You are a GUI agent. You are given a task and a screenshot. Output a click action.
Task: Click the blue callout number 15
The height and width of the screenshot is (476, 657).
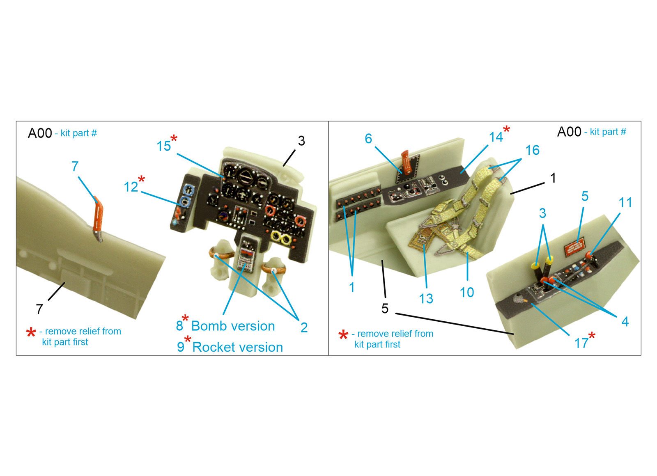[163, 146]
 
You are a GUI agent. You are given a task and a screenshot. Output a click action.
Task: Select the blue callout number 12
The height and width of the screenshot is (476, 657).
[131, 187]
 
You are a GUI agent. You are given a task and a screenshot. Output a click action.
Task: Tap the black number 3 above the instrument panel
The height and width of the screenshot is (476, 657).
[301, 141]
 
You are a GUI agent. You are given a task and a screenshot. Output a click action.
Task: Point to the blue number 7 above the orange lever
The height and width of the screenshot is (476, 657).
[75, 166]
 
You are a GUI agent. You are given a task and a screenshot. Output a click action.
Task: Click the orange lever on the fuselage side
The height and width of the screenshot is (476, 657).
[98, 218]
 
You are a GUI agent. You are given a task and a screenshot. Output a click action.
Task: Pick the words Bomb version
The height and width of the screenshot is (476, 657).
[233, 326]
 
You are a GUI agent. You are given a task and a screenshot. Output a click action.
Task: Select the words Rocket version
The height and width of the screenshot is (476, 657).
[238, 347]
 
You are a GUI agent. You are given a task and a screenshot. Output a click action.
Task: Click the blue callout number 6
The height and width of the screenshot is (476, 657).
[368, 139]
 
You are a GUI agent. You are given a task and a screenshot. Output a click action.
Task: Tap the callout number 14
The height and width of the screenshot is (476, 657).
[496, 137]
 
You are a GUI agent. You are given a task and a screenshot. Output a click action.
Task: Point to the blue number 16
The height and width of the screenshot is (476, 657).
[532, 150]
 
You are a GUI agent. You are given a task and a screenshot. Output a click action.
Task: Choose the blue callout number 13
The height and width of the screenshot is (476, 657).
[426, 299]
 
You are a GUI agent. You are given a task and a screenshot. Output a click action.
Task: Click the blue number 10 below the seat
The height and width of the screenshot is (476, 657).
[466, 292]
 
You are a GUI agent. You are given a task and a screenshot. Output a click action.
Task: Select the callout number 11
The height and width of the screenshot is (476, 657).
[625, 203]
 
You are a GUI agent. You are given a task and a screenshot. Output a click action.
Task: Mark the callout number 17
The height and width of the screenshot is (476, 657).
[581, 343]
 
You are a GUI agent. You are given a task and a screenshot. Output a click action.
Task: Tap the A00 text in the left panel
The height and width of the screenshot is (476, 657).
[40, 133]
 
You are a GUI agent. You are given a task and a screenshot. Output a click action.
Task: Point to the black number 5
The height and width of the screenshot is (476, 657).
[385, 308]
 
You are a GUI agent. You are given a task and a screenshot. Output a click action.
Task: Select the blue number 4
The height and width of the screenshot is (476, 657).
[625, 322]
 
